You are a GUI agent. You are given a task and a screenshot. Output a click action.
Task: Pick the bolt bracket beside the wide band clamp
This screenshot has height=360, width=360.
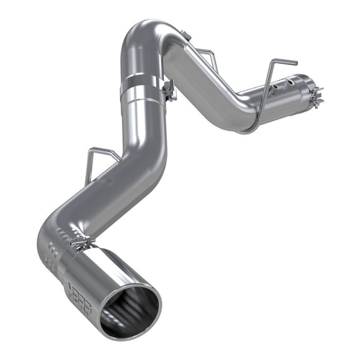coord(168,91)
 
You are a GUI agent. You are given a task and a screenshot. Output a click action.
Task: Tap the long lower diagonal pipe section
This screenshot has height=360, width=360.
coord(93,199)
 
